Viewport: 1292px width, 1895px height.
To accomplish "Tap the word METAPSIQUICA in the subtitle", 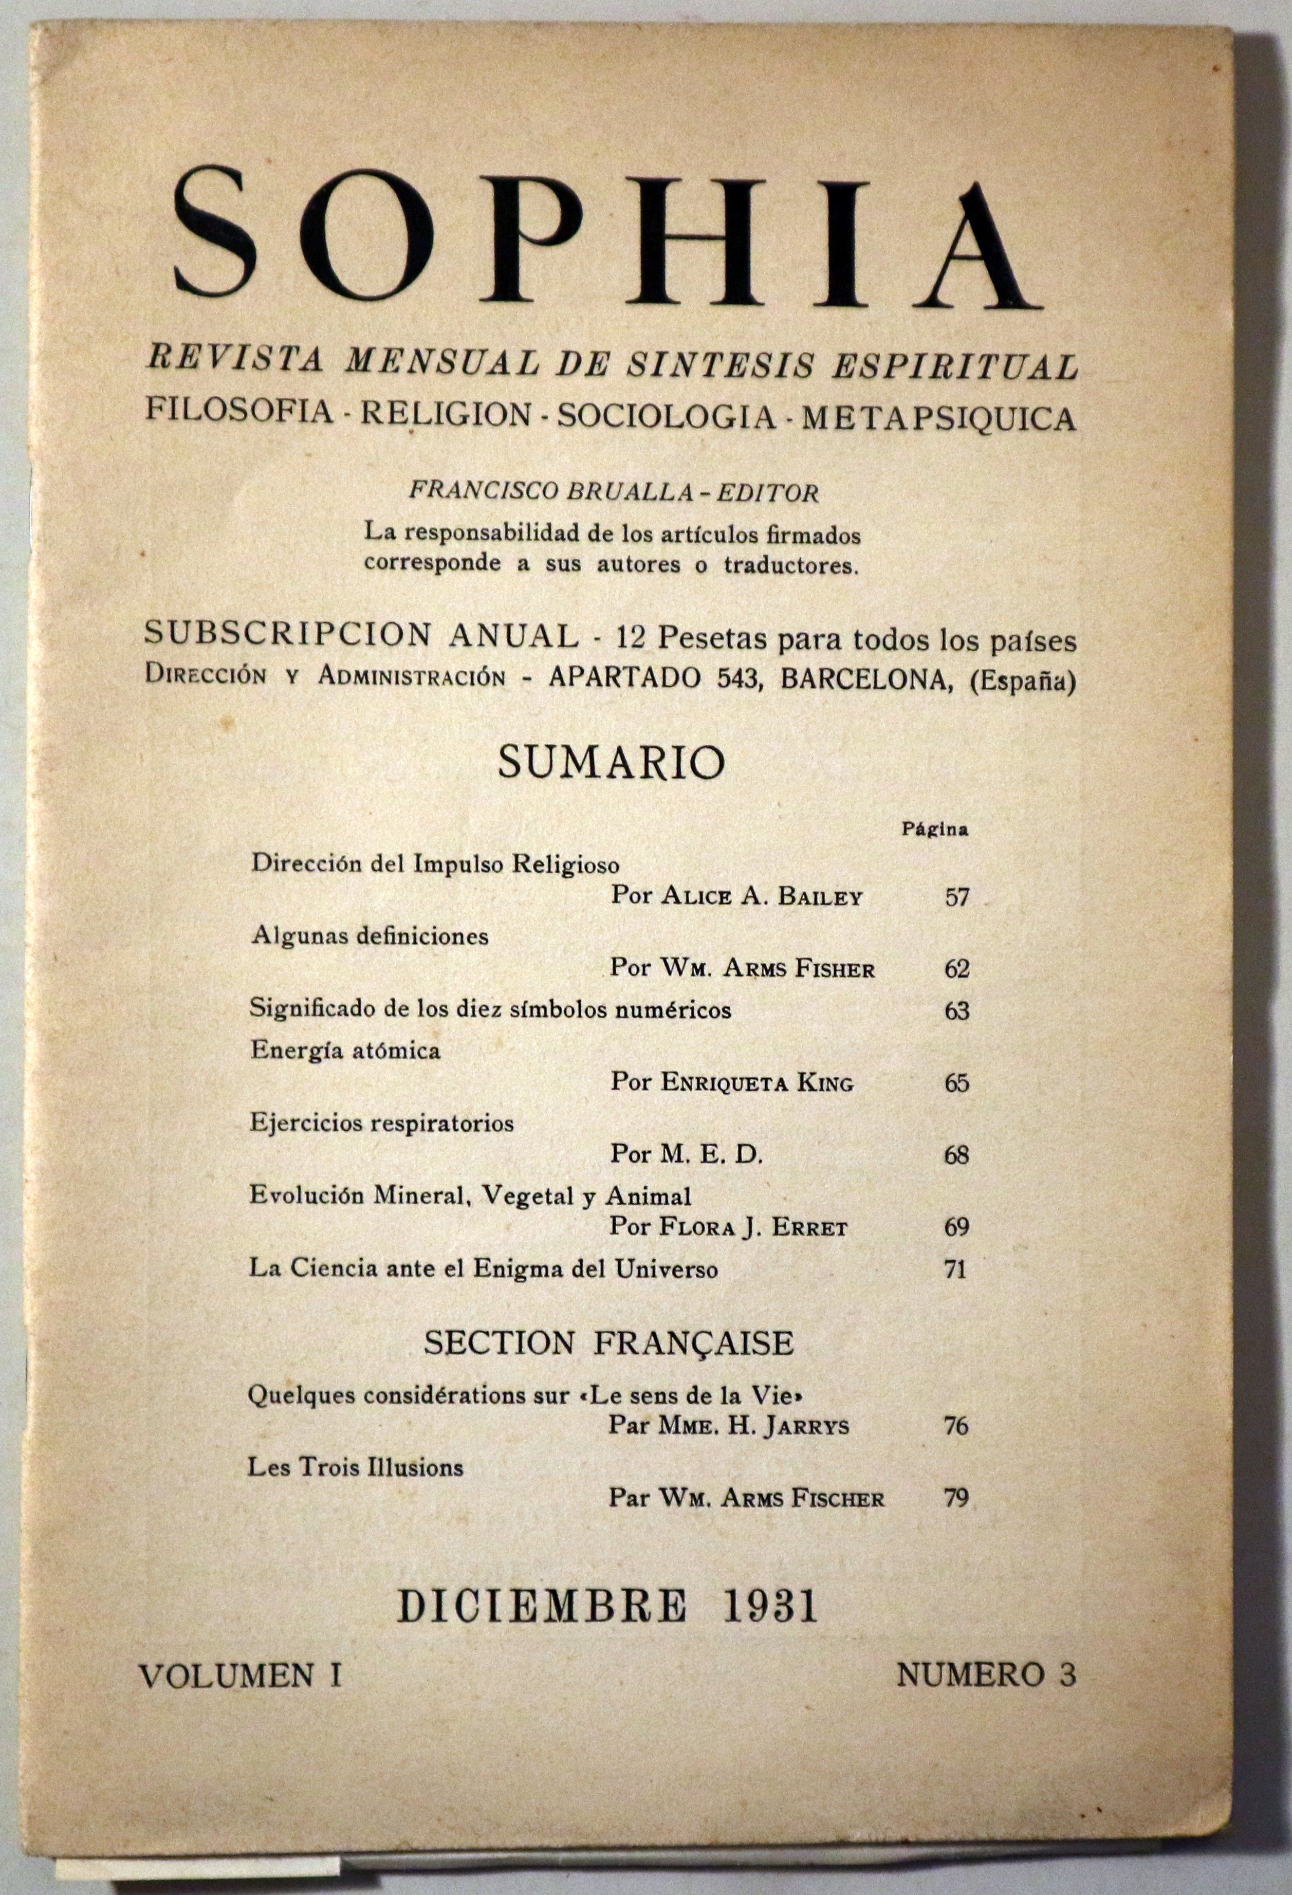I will [939, 417].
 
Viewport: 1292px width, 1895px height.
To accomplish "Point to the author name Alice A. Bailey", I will [761, 897].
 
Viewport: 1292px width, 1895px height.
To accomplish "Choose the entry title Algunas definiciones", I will [370, 935].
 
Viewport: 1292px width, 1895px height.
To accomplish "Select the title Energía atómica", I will [346, 1050].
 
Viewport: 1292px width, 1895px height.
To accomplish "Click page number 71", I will [956, 1269].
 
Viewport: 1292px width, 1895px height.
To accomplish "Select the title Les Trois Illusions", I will [356, 1467].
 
